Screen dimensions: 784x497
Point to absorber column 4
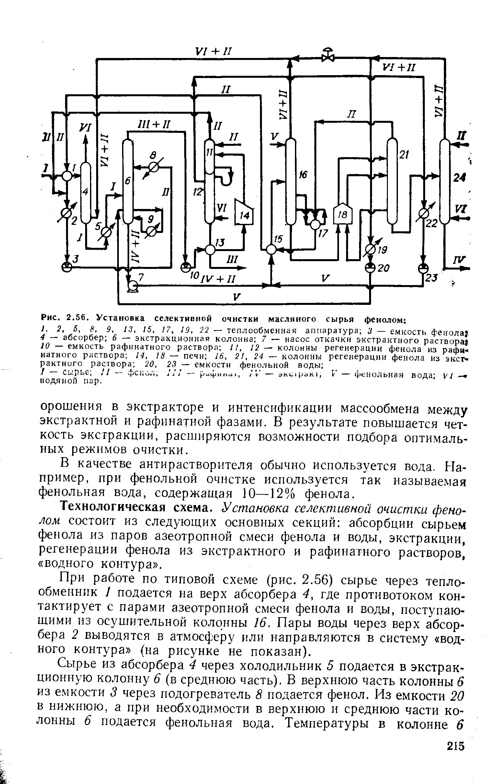tap(86, 193)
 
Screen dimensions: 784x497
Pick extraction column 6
tap(128, 181)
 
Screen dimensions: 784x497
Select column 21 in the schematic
tap(392, 181)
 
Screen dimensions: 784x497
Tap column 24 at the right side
tap(444, 181)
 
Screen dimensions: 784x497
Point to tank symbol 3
tap(67, 267)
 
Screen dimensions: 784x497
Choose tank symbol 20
tap(370, 268)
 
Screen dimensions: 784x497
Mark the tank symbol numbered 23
tap(423, 268)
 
